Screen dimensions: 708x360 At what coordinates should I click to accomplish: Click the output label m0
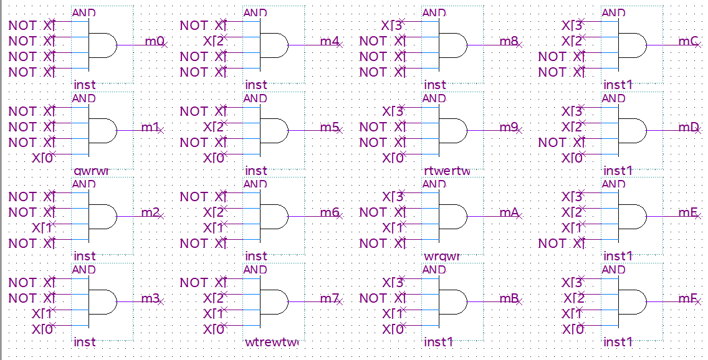click(x=154, y=42)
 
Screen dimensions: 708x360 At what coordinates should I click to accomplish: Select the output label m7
click(x=328, y=298)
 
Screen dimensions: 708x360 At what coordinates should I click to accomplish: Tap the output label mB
click(x=509, y=298)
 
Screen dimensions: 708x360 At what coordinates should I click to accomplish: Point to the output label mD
click(x=687, y=127)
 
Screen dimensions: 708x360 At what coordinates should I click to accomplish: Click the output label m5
click(x=329, y=127)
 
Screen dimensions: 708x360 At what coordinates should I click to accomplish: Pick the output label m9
click(x=508, y=127)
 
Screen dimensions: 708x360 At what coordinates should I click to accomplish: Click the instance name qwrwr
click(x=91, y=171)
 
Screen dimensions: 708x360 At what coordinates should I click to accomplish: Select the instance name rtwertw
click(x=446, y=171)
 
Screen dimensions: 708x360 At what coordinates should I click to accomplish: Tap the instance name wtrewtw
click(x=272, y=342)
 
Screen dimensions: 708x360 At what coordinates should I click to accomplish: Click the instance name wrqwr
click(x=442, y=256)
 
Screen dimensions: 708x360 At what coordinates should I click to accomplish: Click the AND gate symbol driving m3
click(x=102, y=301)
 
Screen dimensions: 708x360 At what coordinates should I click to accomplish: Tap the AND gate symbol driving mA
click(x=452, y=216)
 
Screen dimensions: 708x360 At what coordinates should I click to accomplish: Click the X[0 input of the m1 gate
click(x=43, y=158)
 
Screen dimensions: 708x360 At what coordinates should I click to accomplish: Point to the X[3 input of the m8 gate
click(x=391, y=26)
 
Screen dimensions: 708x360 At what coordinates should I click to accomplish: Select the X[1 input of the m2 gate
click(x=43, y=228)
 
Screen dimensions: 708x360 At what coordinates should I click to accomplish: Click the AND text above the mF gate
click(x=613, y=270)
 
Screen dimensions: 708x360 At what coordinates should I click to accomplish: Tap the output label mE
click(x=687, y=212)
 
